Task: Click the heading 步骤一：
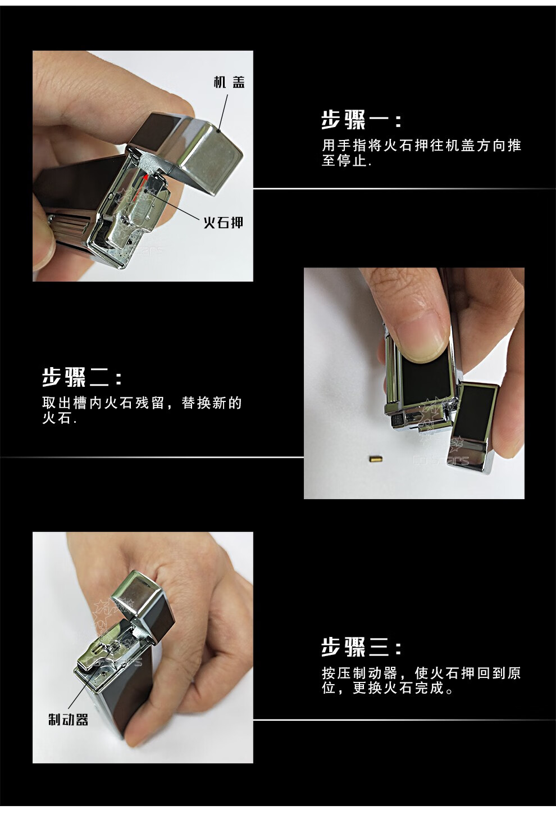coord(361,120)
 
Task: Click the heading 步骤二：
coord(82,377)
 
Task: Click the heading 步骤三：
coord(361,647)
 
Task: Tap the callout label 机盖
coord(229,83)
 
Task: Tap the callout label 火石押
coord(224,223)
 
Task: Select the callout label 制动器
coord(68,720)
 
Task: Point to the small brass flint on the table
coord(372,459)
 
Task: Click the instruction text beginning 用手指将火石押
coord(421,153)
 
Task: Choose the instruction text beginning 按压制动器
coord(421,680)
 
